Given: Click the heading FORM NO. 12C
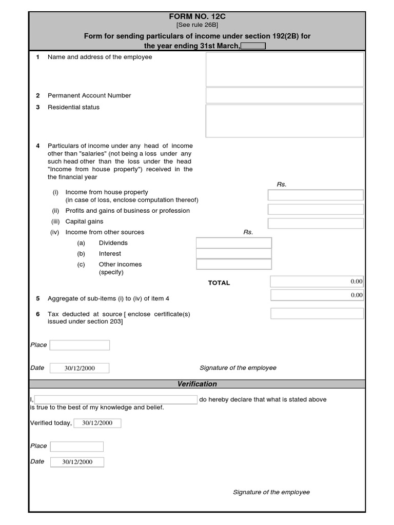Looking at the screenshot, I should (x=197, y=16).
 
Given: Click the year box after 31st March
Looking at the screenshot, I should (x=253, y=46).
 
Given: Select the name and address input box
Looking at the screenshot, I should (x=285, y=69).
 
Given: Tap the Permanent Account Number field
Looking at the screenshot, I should (x=285, y=95).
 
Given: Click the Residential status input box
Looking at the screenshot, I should (x=285, y=121).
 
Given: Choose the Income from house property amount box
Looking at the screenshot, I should (x=316, y=195).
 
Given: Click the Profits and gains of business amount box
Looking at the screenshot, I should (x=316, y=209).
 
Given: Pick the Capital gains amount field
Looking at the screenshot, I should (x=316, y=223).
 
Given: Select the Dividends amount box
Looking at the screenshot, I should (x=234, y=243).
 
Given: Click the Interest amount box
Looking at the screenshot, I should (x=234, y=253).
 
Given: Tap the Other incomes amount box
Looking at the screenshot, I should (x=234, y=264).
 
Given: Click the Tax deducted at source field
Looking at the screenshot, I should (x=317, y=313).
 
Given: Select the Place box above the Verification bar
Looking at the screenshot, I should (x=80, y=345).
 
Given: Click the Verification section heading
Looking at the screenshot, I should (x=197, y=384).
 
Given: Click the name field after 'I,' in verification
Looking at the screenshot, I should (x=116, y=399).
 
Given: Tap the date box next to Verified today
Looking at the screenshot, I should (x=97, y=423).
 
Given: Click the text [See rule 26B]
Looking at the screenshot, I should (x=197, y=25).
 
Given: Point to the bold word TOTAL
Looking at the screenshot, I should (x=219, y=283).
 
